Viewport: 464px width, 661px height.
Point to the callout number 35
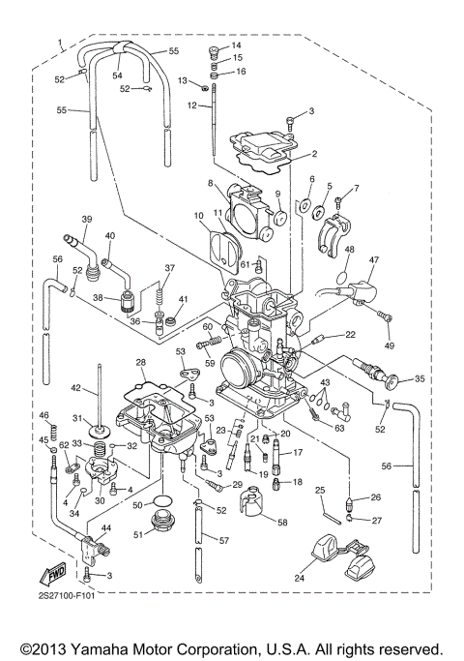[419, 379]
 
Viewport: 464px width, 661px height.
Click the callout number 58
[283, 523]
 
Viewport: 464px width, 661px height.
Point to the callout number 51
[137, 533]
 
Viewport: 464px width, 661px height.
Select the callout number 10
[198, 214]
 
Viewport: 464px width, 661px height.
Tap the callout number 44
[105, 528]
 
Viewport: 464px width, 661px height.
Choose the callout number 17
[299, 452]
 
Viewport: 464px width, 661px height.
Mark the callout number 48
[349, 250]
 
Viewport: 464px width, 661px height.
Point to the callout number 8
[210, 182]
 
